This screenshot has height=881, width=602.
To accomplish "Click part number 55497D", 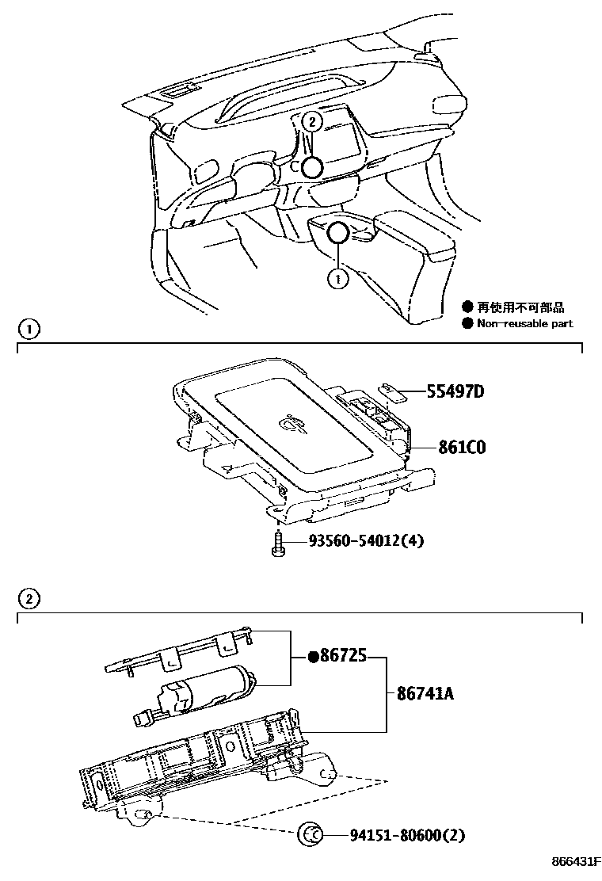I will click(x=455, y=391).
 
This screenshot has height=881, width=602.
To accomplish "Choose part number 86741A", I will click(x=420, y=695).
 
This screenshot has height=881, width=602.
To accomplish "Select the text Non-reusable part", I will click(x=524, y=323).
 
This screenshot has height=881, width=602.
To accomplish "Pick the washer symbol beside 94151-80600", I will click(x=310, y=834).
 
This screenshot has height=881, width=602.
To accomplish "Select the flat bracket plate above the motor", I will click(x=178, y=651).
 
